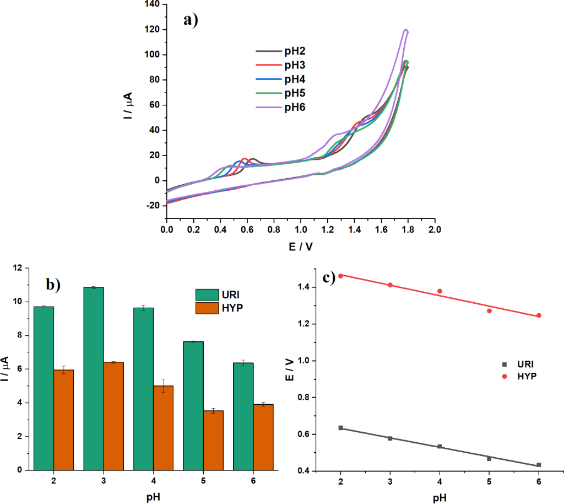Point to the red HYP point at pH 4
pyautogui.click(x=440, y=291)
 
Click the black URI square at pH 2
pyautogui.click(x=341, y=428)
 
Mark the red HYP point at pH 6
pyautogui.click(x=539, y=315)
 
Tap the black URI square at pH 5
pyautogui.click(x=489, y=458)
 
